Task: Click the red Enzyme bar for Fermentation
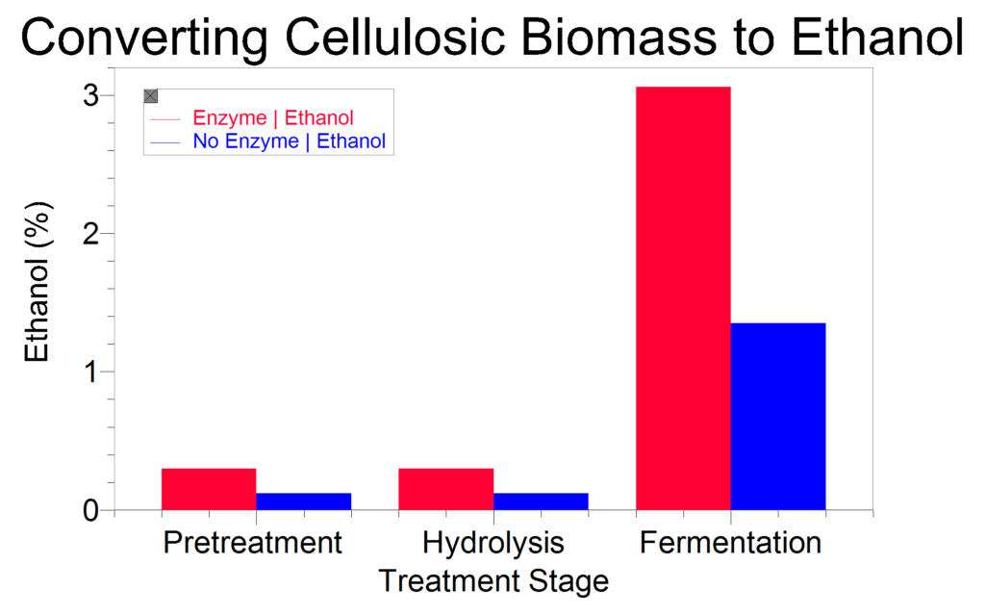683,298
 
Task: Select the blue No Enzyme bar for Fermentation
778,416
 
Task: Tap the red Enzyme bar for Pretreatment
209,489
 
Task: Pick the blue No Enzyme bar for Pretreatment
303,500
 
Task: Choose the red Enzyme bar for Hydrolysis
446,489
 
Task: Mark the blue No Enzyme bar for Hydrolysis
541,500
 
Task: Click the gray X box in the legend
151,96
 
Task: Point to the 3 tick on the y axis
91,95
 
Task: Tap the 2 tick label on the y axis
91,234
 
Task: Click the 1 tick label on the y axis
92,372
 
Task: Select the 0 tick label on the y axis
91,510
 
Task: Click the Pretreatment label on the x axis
253,543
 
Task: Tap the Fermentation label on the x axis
731,543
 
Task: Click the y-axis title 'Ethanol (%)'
37,282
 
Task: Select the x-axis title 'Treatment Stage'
493,581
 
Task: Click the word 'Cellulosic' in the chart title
395,38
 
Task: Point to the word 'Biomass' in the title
619,38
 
